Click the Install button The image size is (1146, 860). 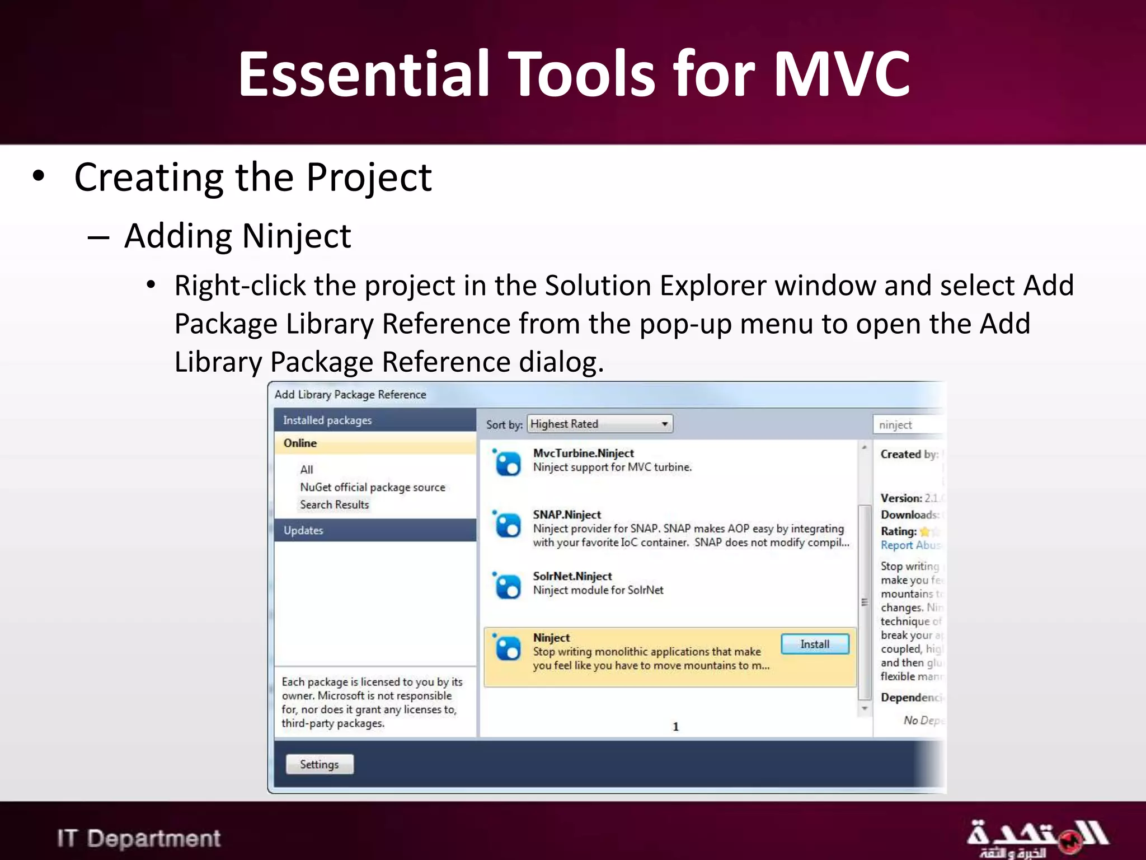[815, 644]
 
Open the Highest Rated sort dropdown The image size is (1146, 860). [600, 424]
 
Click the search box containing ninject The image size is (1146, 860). [908, 425]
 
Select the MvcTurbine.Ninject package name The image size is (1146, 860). [583, 453]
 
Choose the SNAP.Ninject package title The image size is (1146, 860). [566, 515]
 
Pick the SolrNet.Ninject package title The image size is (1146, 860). [572, 576]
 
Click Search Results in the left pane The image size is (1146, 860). [334, 504]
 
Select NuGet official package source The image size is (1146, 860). [372, 487]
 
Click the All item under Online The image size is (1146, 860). [306, 470]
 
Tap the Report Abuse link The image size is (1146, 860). [910, 545]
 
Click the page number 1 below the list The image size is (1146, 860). [675, 727]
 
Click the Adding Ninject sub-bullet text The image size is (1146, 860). [237, 236]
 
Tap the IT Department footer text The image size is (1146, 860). [139, 839]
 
